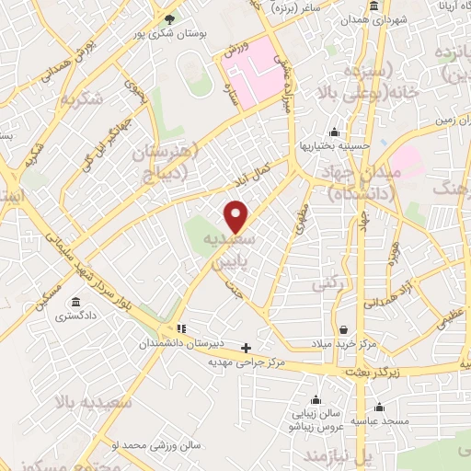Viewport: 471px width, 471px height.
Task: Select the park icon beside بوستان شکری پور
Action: tap(167, 18)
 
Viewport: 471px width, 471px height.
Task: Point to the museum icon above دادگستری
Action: tap(74, 303)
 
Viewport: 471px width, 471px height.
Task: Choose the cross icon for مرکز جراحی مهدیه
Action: tap(246, 348)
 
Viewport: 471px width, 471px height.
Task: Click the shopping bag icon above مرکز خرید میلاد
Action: tap(343, 329)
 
